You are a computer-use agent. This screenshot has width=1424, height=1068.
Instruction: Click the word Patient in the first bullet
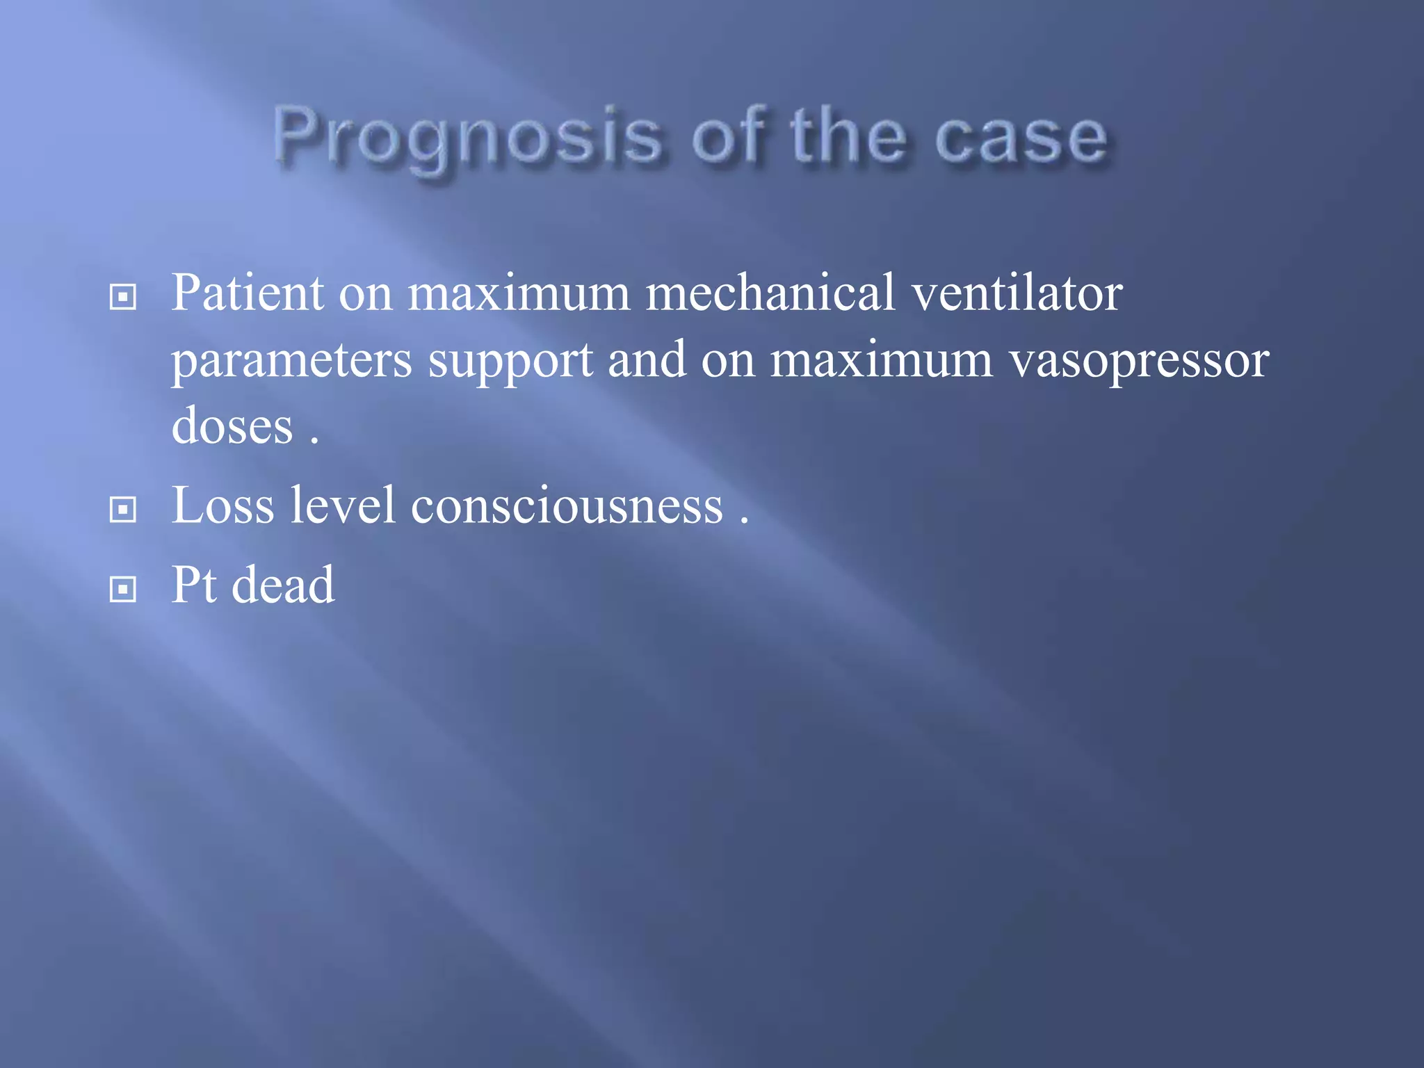tap(247, 292)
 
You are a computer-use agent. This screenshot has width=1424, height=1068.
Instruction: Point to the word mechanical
tap(770, 292)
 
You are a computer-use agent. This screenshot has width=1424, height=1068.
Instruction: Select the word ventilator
tap(1017, 292)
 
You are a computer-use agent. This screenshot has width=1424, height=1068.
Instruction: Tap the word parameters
tap(292, 362)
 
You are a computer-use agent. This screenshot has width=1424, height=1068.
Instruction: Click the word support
tap(510, 362)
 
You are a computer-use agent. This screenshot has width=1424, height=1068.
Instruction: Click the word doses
tap(232, 426)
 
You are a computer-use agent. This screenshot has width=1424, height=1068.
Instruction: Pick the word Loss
tap(222, 505)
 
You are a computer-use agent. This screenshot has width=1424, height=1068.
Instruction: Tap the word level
tap(343, 505)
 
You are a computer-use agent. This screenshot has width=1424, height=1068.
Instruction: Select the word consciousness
tap(567, 505)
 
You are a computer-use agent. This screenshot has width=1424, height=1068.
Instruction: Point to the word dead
tap(282, 585)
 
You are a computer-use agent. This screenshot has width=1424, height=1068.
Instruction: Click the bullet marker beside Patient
tap(123, 298)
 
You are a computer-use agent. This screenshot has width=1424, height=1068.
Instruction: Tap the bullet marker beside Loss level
tap(123, 510)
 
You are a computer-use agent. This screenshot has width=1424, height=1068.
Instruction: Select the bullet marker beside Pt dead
tap(123, 590)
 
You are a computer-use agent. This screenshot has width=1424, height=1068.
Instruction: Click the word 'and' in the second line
tap(647, 360)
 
